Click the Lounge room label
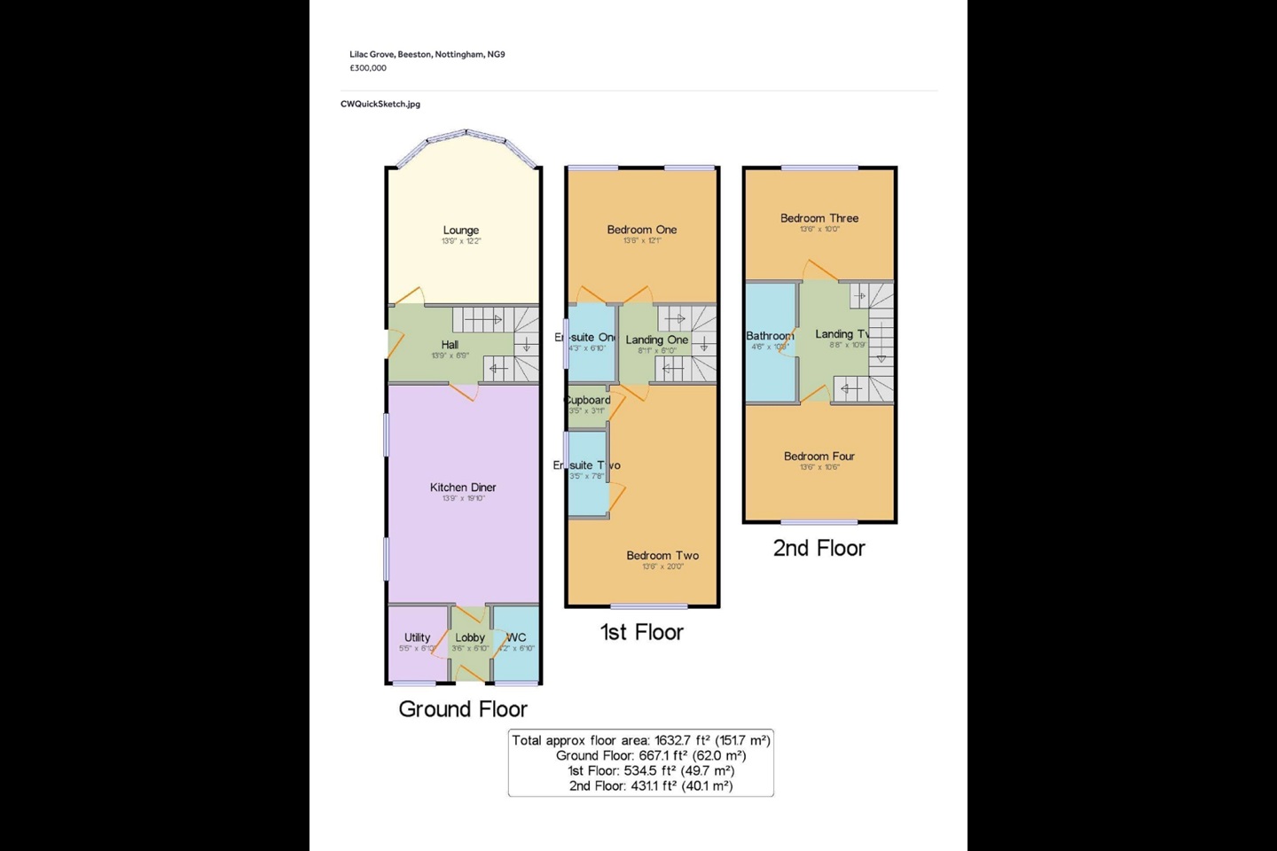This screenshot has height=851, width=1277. click(461, 230)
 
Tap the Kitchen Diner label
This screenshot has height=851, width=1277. click(463, 488)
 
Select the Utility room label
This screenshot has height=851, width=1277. click(417, 637)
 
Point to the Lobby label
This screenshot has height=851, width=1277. click(470, 637)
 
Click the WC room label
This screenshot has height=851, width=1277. click(517, 637)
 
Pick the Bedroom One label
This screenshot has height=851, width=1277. click(642, 230)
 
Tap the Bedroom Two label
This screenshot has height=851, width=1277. click(662, 556)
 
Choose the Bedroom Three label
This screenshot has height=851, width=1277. click(819, 218)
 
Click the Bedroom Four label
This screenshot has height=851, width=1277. click(819, 457)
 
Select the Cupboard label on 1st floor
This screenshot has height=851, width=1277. click(588, 400)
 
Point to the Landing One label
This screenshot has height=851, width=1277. click(657, 340)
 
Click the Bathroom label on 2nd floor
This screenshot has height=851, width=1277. click(770, 336)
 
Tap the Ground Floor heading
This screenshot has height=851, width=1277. click(463, 709)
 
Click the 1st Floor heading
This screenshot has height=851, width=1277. click(642, 632)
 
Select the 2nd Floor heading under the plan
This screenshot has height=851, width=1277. click(819, 548)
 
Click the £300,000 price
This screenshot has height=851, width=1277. click(368, 68)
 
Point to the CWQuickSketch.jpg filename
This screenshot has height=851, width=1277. click(380, 104)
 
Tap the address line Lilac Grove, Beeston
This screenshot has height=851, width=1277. click(427, 54)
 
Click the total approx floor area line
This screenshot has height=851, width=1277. click(641, 740)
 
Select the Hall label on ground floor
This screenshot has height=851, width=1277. click(450, 345)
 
